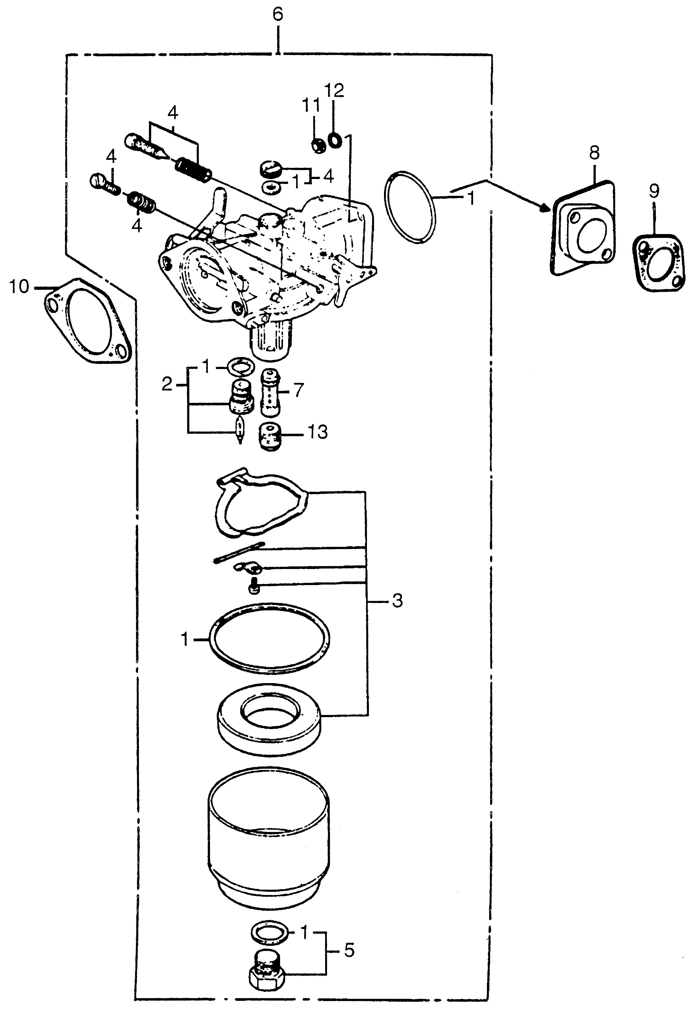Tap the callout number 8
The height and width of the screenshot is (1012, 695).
tap(594, 153)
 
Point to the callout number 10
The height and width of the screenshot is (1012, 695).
tap(20, 287)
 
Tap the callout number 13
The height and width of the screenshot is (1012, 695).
tap(318, 432)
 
